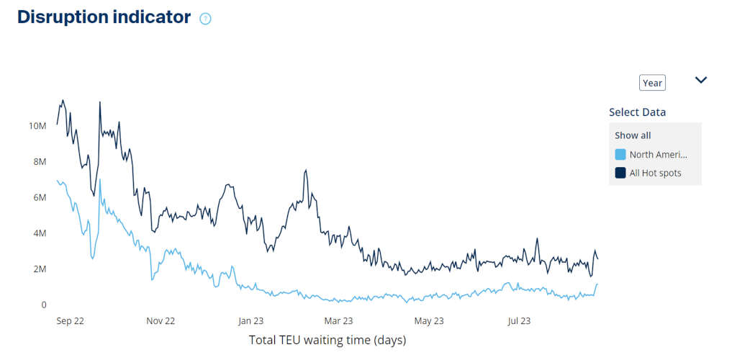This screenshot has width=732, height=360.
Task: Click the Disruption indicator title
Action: [104, 17]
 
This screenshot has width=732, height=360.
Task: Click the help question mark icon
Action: [205, 19]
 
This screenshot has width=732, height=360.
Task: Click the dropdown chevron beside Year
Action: [700, 80]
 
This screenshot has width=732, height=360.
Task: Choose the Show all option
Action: [633, 135]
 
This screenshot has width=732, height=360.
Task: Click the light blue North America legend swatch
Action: [620, 155]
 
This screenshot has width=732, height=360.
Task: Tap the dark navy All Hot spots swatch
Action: [620, 173]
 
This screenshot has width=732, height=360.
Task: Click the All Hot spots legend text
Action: [655, 173]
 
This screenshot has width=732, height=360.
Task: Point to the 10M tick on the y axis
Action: [37, 126]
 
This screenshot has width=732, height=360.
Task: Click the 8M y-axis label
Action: [39, 162]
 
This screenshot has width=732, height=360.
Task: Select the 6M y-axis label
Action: [39, 197]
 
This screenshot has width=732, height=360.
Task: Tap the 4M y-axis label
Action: [39, 233]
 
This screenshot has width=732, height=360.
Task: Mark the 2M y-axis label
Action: [39, 269]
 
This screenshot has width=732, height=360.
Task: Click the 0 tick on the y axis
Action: [44, 305]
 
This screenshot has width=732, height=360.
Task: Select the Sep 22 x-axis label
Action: [70, 321]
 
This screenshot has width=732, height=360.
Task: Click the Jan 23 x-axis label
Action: [251, 321]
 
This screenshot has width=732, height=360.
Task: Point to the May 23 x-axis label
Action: [430, 321]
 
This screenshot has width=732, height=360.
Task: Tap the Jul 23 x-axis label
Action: [519, 321]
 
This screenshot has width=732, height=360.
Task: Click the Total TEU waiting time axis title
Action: [327, 340]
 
